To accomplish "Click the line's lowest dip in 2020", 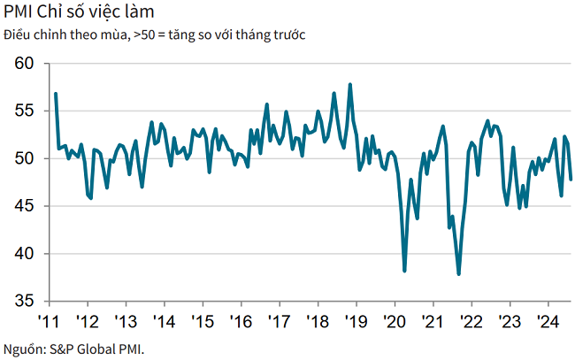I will pos(404,271).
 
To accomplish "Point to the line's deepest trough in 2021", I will pos(458,274).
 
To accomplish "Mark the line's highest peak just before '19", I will pos(351,85).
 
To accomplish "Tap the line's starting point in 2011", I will pos(55,94).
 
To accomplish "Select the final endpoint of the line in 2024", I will pos(571,180).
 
